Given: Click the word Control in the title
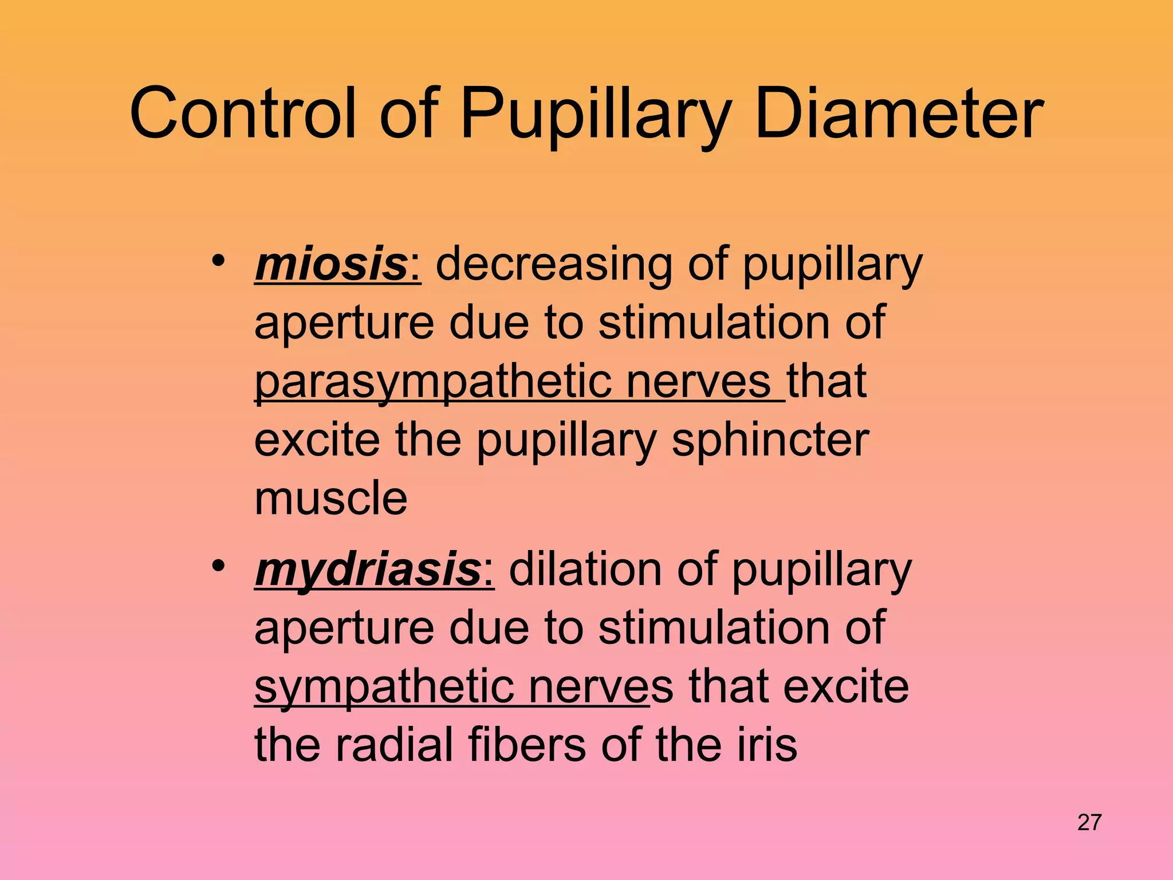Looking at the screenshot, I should (x=244, y=113).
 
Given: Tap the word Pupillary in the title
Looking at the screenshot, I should (x=596, y=115).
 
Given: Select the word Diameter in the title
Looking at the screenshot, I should (x=899, y=113).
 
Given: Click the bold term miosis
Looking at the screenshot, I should (x=330, y=265).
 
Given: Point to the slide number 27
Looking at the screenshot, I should (x=1089, y=823).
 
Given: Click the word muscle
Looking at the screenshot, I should (x=330, y=498).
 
